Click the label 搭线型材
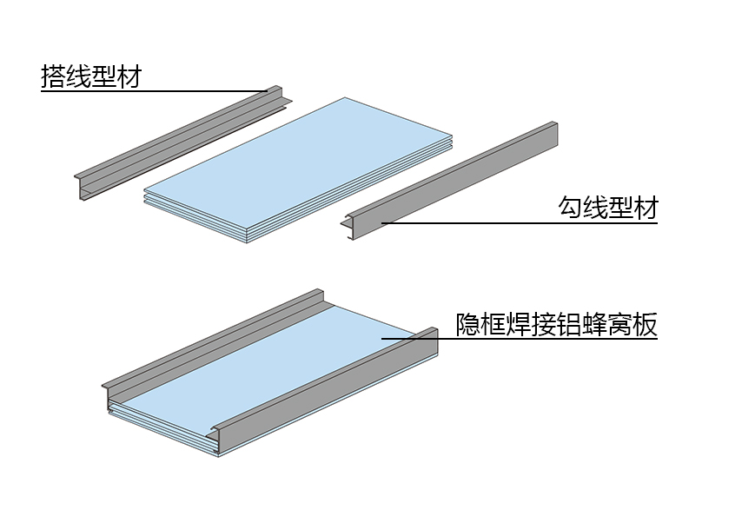[91, 76]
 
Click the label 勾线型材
[607, 208]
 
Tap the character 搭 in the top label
[54, 76]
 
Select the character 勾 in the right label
[571, 208]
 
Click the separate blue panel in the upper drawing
[299, 169]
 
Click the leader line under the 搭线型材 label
[154, 90]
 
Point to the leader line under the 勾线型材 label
[520, 223]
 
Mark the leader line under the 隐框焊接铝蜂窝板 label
[520, 339]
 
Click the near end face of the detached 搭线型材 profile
[83, 188]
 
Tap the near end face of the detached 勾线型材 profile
[350, 227]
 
